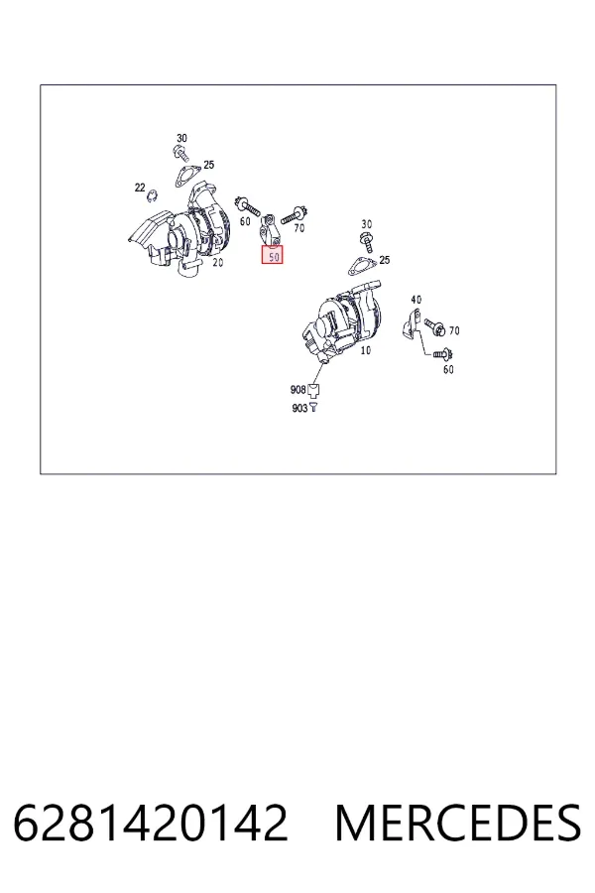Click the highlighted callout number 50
pyautogui.click(x=274, y=257)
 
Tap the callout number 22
pyautogui.click(x=140, y=188)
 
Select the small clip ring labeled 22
pyautogui.click(x=152, y=196)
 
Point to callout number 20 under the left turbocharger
pyautogui.click(x=217, y=263)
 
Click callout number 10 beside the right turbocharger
pyautogui.click(x=366, y=350)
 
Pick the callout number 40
pyautogui.click(x=416, y=300)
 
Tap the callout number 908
pyautogui.click(x=297, y=390)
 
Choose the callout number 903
pyautogui.click(x=299, y=409)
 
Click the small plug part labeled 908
pyautogui.click(x=313, y=390)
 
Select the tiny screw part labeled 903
pyautogui.click(x=313, y=408)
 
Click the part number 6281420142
pyautogui.click(x=151, y=823)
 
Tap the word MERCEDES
pyautogui.click(x=458, y=823)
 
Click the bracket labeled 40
pyautogui.click(x=412, y=324)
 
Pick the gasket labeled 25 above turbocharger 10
pyautogui.click(x=361, y=267)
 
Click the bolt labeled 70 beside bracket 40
pyautogui.click(x=435, y=326)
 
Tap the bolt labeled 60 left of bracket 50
pyautogui.click(x=248, y=206)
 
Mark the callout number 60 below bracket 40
pyautogui.click(x=448, y=370)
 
